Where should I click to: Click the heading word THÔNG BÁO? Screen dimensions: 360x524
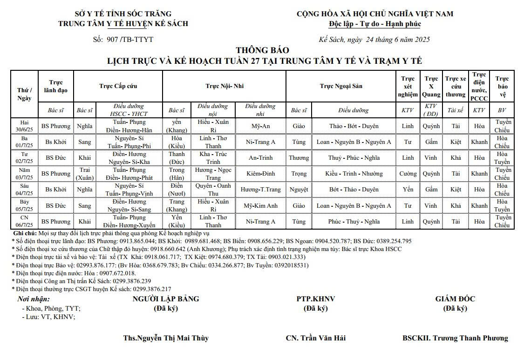262,50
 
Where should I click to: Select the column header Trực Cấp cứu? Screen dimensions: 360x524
118,86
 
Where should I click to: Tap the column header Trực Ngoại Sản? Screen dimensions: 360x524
341,86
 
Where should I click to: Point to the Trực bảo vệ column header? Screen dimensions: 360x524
502,86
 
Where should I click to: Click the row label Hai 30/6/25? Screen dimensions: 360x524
25,126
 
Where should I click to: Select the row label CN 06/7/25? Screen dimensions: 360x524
25,221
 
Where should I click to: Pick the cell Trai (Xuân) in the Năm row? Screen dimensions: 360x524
84,174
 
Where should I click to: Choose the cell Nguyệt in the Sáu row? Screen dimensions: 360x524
299,190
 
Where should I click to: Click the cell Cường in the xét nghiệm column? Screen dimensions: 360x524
408,174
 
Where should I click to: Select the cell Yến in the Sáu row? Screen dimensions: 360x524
408,190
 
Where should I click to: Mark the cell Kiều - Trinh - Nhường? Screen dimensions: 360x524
354,174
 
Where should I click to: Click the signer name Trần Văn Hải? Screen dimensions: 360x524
323,338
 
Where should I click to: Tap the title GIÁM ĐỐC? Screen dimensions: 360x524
455,299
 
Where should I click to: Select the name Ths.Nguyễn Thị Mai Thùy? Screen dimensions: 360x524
166,338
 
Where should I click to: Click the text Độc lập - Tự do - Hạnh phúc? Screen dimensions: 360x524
374,24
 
